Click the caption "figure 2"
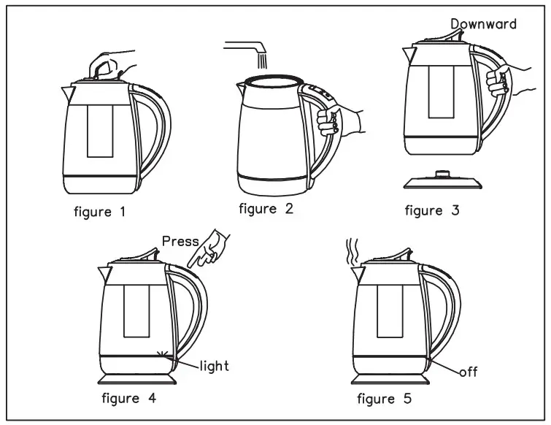pyautogui.click(x=266, y=209)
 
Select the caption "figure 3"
pyautogui.click(x=433, y=211)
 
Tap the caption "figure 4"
pyautogui.click(x=129, y=399)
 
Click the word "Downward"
pyautogui.click(x=483, y=24)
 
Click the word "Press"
pyautogui.click(x=180, y=242)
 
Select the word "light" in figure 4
pyautogui.click(x=214, y=365)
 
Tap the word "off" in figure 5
pyautogui.click(x=467, y=372)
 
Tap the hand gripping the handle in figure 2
pyautogui.click(x=336, y=118)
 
